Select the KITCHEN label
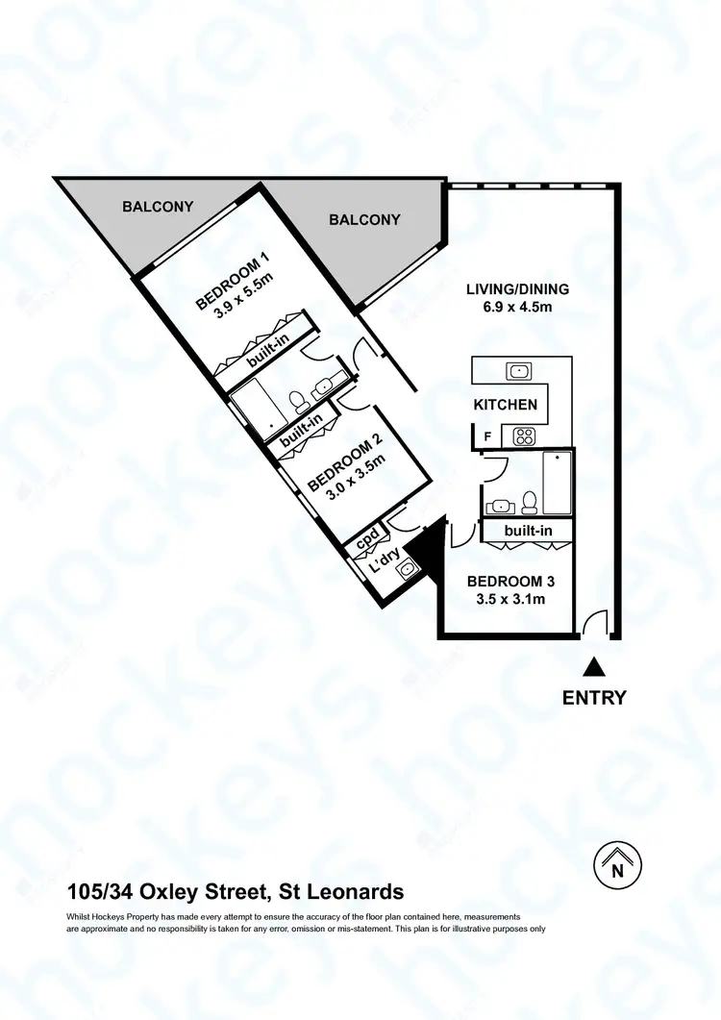505,405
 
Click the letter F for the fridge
488,437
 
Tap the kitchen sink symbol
519,369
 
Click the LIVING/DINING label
518,288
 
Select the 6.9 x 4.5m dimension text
518,308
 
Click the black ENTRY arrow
596,665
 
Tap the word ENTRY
594,698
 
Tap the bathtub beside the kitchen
557,482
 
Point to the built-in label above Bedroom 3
527,531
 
